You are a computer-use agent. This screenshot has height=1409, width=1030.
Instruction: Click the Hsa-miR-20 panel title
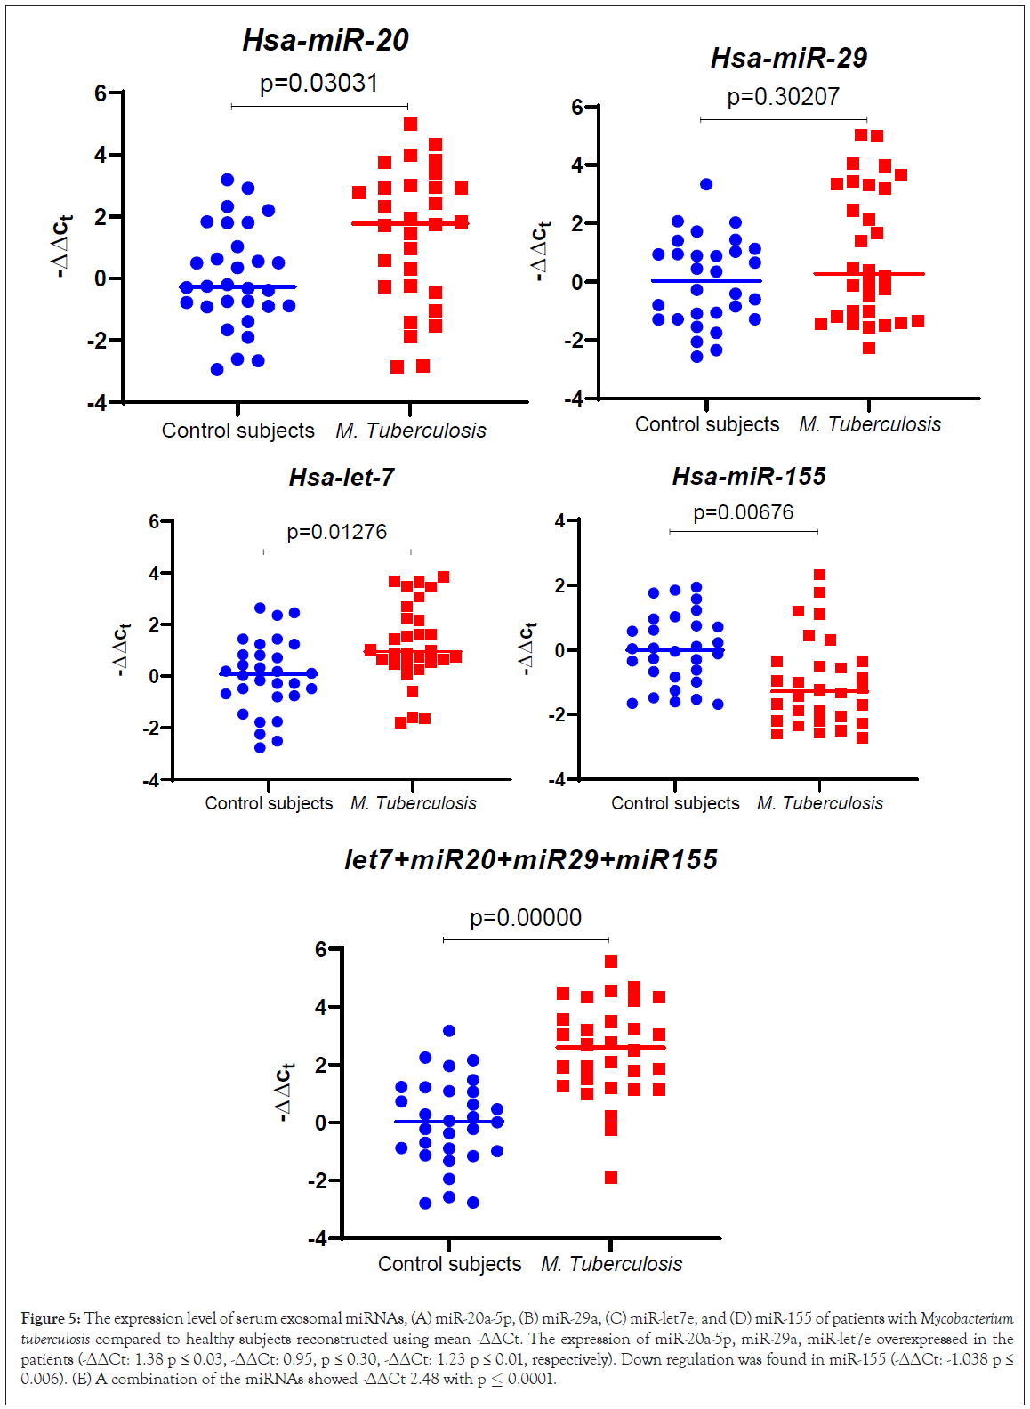[326, 41]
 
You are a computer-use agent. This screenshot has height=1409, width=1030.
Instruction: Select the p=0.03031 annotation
[318, 84]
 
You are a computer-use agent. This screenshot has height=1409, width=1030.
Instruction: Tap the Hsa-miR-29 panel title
[788, 59]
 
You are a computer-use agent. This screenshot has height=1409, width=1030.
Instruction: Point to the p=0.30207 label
[783, 97]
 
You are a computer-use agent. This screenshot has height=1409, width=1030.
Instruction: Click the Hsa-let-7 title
[342, 478]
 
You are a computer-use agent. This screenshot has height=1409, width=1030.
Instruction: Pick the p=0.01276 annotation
[336, 532]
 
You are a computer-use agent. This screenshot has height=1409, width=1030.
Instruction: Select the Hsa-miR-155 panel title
[749, 477]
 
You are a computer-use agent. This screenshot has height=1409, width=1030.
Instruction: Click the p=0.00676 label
[743, 512]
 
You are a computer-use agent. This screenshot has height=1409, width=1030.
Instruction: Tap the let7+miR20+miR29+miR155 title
[530, 860]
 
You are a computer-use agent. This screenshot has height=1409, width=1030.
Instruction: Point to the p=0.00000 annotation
[526, 918]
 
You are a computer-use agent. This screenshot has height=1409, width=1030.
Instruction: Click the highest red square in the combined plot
[611, 962]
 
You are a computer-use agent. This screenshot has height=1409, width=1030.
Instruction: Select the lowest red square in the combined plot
[611, 1178]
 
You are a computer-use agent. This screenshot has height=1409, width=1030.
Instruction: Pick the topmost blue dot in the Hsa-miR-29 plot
[706, 184]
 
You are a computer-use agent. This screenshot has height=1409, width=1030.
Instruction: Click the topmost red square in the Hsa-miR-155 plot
[819, 575]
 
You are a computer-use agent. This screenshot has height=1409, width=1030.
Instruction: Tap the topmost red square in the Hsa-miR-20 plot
[410, 125]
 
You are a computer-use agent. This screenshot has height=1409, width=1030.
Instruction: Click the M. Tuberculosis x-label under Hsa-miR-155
[819, 803]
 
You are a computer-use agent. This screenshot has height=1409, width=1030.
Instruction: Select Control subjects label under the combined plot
[449, 1264]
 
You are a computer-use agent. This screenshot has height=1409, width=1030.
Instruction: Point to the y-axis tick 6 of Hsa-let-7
[155, 521]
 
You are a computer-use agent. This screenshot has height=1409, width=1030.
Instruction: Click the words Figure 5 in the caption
[50, 1318]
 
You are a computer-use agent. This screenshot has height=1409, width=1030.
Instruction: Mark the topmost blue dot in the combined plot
[449, 1031]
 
